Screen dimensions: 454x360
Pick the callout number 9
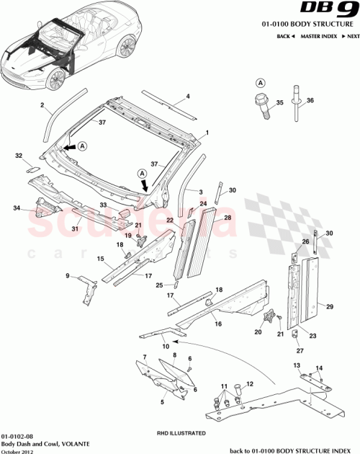[68, 276]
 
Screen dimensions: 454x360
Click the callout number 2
[42, 106]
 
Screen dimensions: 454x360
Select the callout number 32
[19, 155]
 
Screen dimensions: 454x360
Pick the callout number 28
[228, 217]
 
